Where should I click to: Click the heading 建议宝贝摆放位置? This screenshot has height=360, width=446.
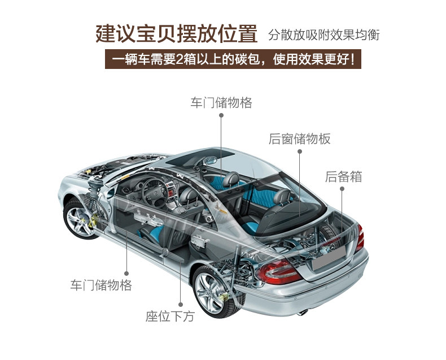tap(176, 33)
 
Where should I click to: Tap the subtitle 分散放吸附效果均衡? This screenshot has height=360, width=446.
tap(323, 34)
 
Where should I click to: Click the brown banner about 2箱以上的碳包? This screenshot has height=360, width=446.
tap(233, 59)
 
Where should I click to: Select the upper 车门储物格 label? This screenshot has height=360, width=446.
tap(221, 103)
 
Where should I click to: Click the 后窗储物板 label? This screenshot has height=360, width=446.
tap(299, 139)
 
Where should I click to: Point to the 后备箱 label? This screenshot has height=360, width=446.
tap(343, 176)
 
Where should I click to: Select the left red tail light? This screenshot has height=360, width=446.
tap(279, 272)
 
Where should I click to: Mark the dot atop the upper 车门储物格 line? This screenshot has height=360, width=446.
tap(221, 115)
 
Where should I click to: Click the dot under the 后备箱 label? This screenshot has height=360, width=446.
tap(343, 189)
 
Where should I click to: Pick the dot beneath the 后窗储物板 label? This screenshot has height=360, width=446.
tap(299, 151)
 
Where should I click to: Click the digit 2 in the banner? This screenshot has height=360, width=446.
tap(180, 59)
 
